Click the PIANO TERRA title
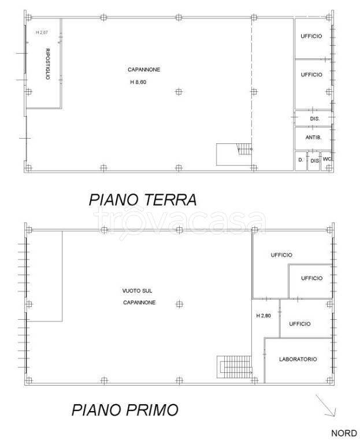143,199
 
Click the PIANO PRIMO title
125,410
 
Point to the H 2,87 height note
42,33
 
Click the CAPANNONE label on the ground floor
144,69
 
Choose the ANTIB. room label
313,138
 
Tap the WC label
326,160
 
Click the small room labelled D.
300,160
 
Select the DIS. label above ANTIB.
314,119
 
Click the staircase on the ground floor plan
235,154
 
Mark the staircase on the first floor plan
235,367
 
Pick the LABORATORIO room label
298,359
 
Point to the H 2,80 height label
264,316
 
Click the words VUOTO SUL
138,290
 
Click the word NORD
343,432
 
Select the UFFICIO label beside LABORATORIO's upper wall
299,324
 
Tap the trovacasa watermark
180,220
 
